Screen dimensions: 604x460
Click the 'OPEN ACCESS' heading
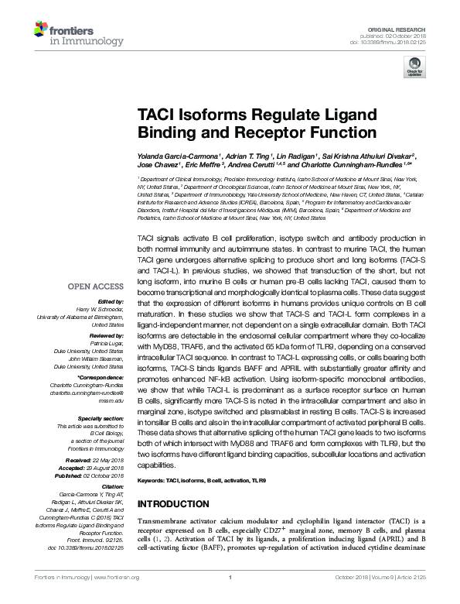93,287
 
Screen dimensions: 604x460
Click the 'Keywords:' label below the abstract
150,480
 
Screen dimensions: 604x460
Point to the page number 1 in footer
230,597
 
